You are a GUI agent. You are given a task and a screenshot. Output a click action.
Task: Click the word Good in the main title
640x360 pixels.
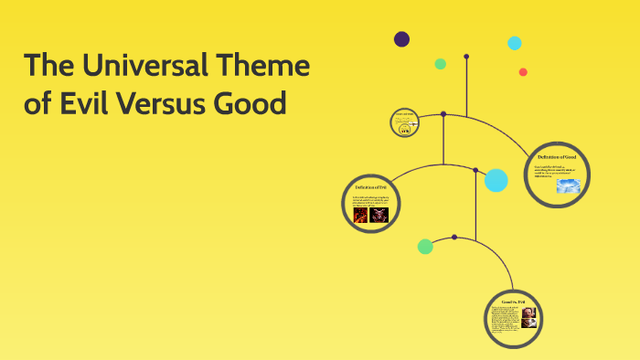click(251, 102)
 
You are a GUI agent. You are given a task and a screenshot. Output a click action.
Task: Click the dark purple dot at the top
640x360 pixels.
click(401, 38)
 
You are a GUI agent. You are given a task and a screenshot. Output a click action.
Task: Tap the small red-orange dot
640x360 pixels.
click(523, 72)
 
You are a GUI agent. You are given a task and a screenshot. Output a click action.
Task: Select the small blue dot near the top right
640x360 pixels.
click(515, 43)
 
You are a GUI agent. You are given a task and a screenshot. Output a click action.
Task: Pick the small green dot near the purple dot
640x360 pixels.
click(441, 64)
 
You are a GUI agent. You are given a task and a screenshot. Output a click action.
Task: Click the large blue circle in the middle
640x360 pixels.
click(496, 180)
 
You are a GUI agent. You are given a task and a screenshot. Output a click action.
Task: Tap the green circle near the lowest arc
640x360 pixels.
click(425, 246)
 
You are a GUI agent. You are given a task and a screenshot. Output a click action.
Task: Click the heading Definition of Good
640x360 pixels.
click(557, 157)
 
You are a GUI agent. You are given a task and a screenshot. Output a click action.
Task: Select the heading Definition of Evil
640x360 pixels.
click(371, 187)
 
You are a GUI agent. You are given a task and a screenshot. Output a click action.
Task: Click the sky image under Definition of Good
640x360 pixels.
click(569, 185)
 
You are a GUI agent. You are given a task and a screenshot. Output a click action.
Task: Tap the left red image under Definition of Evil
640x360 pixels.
click(360, 216)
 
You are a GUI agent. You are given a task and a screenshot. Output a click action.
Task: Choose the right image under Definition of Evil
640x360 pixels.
click(379, 216)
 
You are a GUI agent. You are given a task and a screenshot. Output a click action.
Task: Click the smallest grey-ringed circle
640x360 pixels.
click(404, 122)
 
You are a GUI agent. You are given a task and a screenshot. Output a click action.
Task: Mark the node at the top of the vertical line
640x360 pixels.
click(466, 57)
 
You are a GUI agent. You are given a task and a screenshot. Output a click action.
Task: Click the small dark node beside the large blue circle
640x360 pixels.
click(475, 170)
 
